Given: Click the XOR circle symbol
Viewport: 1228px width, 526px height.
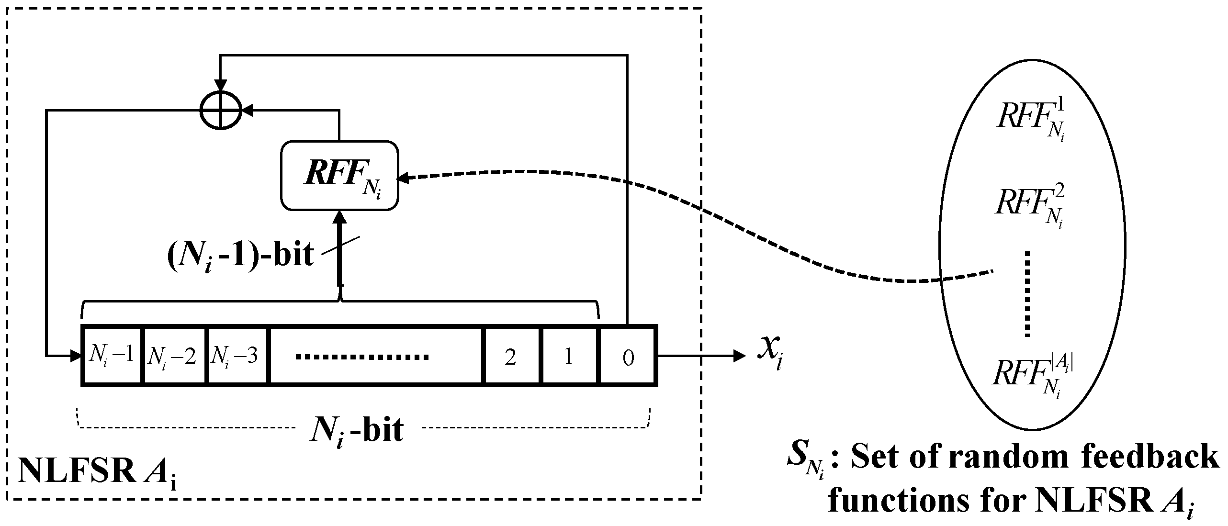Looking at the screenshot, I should [221, 111].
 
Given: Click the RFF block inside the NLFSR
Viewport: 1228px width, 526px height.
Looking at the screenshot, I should [339, 176].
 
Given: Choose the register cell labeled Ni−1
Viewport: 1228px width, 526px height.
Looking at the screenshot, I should [112, 356].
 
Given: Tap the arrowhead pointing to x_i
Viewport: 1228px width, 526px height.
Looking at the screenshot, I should [739, 356].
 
